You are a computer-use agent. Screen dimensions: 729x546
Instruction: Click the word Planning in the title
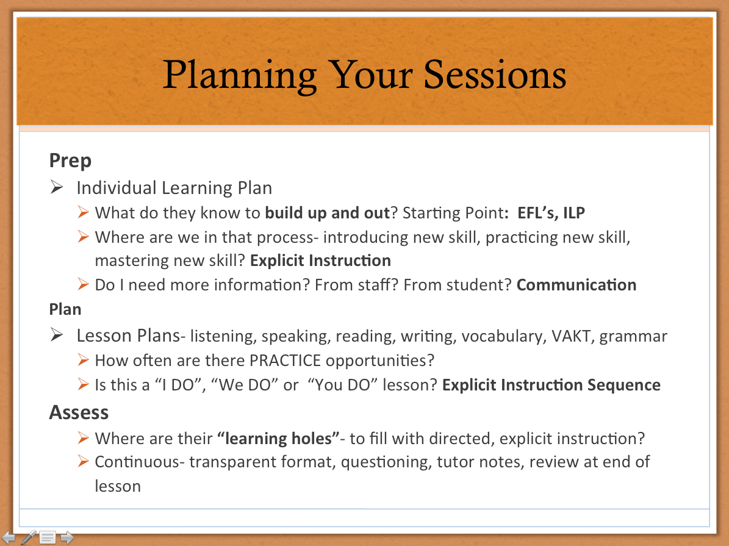click(x=240, y=76)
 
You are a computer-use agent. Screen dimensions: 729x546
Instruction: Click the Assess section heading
click(x=79, y=412)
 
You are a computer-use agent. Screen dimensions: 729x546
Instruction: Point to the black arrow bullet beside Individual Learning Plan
click(x=57, y=187)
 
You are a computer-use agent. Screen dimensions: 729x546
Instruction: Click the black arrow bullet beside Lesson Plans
click(x=57, y=335)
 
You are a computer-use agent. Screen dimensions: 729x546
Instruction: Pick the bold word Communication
click(x=576, y=285)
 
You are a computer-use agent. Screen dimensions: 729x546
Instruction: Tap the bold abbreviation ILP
click(x=573, y=212)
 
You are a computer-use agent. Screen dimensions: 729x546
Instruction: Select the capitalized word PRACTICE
click(x=285, y=361)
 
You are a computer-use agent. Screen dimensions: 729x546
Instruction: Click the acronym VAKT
click(x=571, y=336)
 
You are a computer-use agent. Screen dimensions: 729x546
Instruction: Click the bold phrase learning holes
click(x=278, y=439)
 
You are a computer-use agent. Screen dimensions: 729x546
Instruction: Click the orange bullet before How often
click(x=83, y=360)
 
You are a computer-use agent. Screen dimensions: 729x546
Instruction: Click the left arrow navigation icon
click(x=9, y=537)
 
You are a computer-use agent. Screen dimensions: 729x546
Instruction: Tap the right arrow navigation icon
click(x=68, y=537)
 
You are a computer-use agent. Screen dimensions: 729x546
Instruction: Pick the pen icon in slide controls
click(x=28, y=537)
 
